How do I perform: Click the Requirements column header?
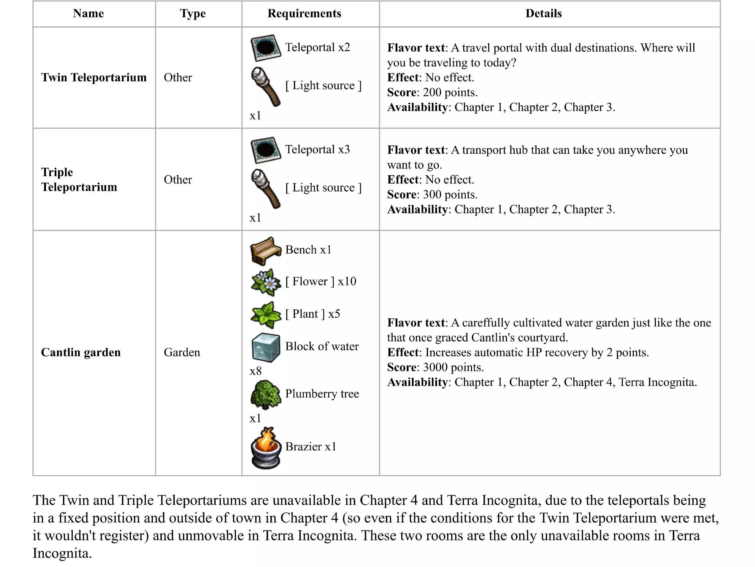tap(304, 13)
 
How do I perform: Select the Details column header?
tap(543, 13)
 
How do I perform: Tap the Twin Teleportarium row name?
tap(94, 77)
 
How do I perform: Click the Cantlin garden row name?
tap(81, 352)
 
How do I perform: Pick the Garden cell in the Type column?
tap(182, 352)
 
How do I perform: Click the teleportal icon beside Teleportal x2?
tap(266, 47)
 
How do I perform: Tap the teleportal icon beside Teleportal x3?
tap(266, 150)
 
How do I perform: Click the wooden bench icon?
tap(266, 251)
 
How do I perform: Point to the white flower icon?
tap(266, 282)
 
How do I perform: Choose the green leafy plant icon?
tap(266, 314)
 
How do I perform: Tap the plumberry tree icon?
tap(266, 395)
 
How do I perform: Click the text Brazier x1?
tap(311, 447)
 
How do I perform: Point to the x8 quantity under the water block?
tap(256, 371)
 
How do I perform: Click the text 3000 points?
tap(453, 367)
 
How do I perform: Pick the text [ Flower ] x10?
tap(321, 282)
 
